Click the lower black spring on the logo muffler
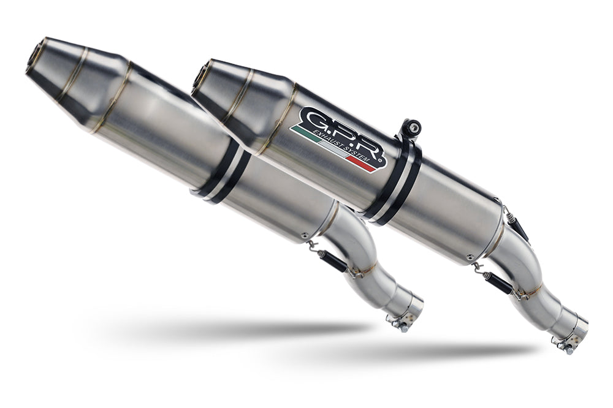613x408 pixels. (x=497, y=284)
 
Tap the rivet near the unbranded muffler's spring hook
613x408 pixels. (x=303, y=235)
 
